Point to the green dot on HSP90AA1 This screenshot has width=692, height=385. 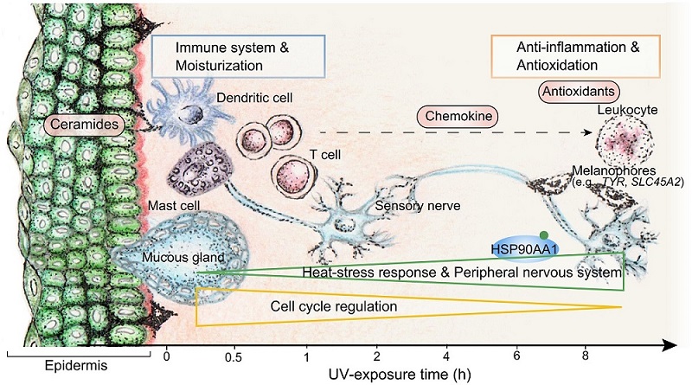[x=543, y=234]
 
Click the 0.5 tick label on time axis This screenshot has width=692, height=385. [x=233, y=356]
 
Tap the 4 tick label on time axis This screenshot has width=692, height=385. [x=446, y=356]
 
